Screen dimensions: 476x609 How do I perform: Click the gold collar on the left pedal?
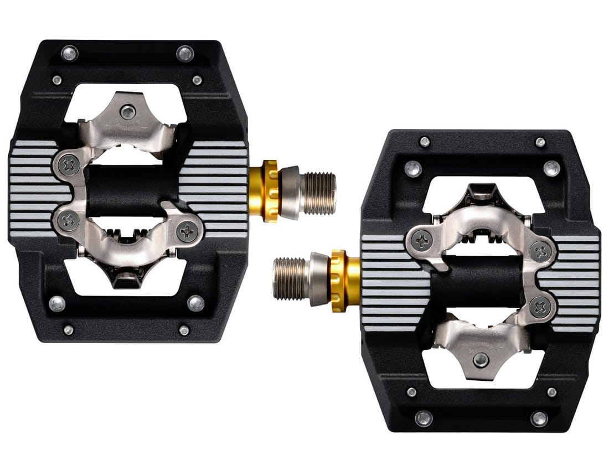click(x=270, y=191)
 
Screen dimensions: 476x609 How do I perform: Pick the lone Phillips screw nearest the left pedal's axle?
click(x=186, y=231)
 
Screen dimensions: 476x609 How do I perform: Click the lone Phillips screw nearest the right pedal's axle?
click(x=422, y=240)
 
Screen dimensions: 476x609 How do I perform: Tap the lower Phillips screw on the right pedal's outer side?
click(x=540, y=307)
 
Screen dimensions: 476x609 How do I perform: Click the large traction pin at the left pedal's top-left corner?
click(x=69, y=53)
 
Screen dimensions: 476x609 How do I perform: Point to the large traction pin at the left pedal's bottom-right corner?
click(x=195, y=303)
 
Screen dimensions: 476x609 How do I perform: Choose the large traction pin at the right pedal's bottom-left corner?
click(x=424, y=418)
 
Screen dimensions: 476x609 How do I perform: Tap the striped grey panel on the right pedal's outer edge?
click(x=576, y=282)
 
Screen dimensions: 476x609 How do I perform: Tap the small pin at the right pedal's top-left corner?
click(x=425, y=142)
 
